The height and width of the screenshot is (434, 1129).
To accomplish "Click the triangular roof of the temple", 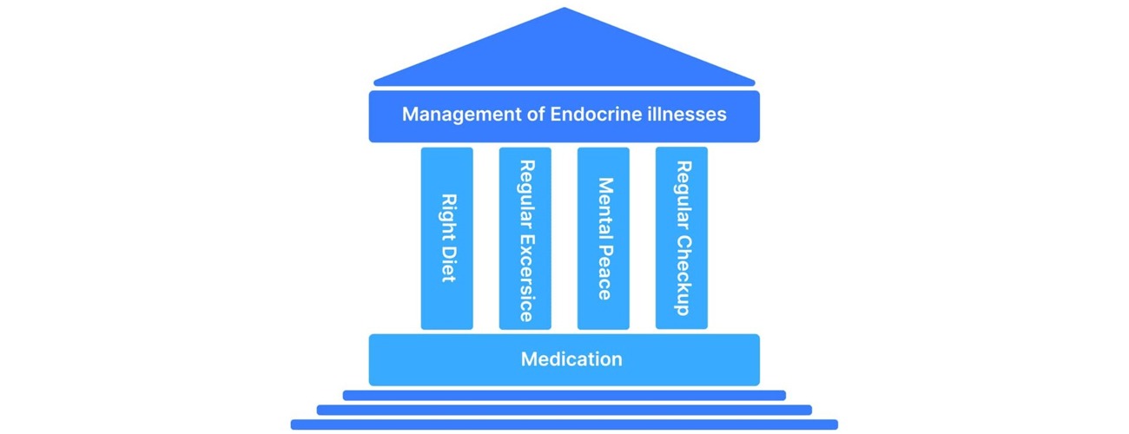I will point(564,52).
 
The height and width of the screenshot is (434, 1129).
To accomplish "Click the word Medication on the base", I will point(571,358).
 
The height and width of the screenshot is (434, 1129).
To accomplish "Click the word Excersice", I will point(525,278).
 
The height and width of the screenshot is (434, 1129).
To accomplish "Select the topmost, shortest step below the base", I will point(564,395).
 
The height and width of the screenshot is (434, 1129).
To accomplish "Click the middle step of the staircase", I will point(564,410).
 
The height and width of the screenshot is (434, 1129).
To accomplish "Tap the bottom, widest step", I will point(564,424).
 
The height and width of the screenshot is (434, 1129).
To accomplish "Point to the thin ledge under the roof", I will point(564,83).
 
